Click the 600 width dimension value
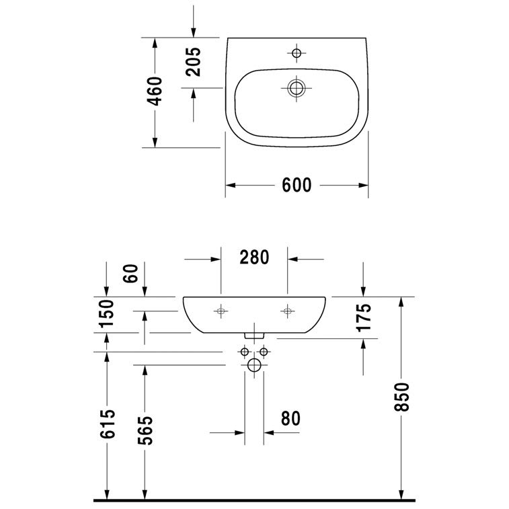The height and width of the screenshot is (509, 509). coord(297,185)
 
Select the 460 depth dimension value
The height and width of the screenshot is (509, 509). coord(155,91)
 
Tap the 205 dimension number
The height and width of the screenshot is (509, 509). coord(193,62)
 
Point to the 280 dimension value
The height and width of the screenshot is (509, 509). coord(254,258)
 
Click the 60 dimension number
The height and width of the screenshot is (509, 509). coord(131,274)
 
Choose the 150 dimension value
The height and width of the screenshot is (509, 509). coord(107,313)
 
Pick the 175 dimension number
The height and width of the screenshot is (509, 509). coord(364,317)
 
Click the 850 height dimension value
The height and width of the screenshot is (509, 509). coord(401,397)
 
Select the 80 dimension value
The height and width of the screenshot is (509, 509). coord(290,418)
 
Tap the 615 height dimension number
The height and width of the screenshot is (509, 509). coord(108,424)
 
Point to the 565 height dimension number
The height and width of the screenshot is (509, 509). coord(145,430)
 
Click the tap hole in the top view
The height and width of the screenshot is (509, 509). coord(297,52)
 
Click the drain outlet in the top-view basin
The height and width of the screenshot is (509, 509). coord(296,88)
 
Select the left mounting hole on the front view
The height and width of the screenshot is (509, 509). coord(221,311)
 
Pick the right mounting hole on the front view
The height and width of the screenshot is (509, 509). coord(287,311)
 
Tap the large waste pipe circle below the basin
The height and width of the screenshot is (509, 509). coord(254,365)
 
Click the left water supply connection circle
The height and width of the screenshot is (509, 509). coord(245,352)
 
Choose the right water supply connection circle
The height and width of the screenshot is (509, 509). coord(264,352)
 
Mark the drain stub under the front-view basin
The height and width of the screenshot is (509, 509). coord(254,336)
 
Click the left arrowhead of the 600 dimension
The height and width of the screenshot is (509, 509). coord(230,186)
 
